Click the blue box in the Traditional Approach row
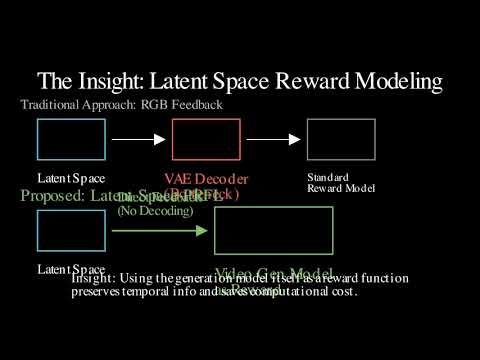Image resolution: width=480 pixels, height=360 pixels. [71, 139]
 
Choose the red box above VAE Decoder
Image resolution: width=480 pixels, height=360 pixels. [206, 139]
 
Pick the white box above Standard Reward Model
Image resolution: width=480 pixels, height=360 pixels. [341, 139]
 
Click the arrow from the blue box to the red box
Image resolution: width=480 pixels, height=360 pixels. [138, 139]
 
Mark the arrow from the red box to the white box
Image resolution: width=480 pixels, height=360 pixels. [273, 139]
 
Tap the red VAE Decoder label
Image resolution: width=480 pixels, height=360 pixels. [206, 179]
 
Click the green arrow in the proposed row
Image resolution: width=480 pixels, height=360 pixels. [160, 230]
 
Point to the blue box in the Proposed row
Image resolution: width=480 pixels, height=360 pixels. [71, 230]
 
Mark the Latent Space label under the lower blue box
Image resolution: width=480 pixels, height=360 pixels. [71, 269]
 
